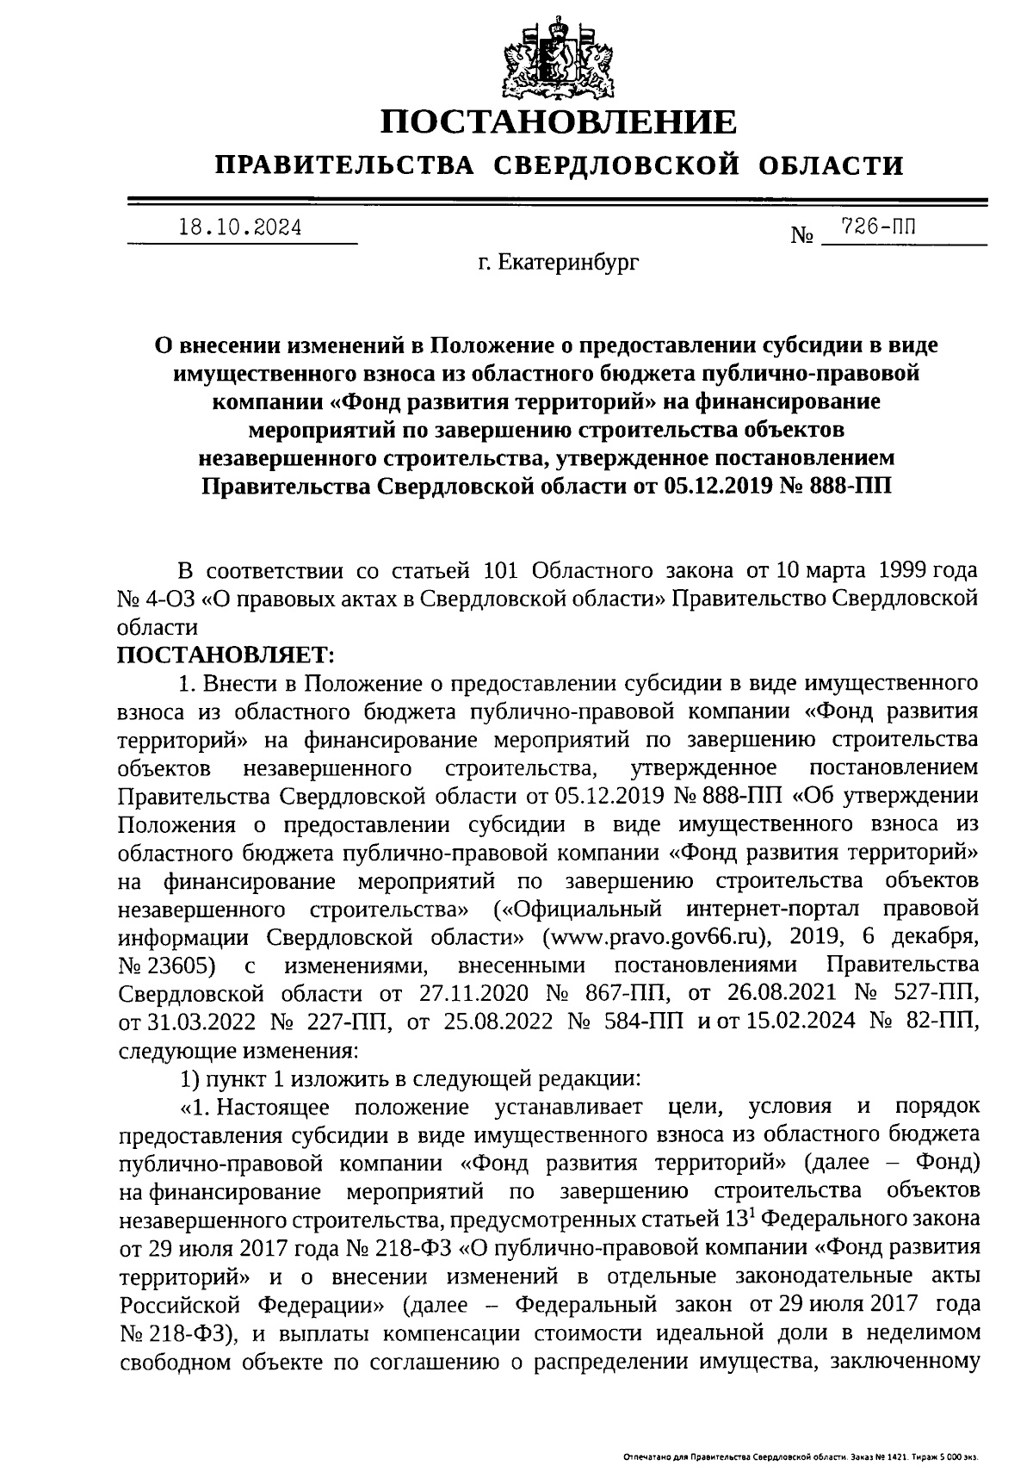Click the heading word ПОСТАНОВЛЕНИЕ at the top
coord(560,122)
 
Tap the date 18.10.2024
coord(240,228)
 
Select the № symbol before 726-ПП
coord(801,233)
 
